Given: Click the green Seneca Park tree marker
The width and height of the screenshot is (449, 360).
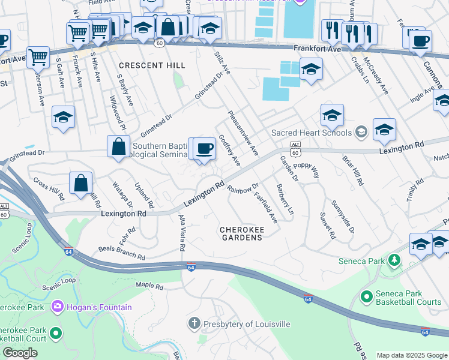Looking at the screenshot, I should point(394,260).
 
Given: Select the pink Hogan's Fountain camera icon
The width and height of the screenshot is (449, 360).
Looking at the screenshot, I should point(58,307).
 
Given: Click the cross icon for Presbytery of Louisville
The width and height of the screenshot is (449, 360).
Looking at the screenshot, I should point(194,324).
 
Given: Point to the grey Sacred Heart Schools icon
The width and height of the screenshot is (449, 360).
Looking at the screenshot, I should point(361,132).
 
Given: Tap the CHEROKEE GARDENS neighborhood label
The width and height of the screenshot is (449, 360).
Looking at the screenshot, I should point(241,233).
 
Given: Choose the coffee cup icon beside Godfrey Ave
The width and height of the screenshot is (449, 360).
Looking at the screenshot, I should point(205,148).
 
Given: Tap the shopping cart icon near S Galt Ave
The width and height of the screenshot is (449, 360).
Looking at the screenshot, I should point(38,58).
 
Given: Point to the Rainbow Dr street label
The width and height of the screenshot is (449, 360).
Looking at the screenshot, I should point(243,188).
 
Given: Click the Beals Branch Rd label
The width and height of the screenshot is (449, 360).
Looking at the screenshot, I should point(122,252).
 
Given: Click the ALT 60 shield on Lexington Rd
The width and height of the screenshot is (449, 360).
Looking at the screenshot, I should point(295,148).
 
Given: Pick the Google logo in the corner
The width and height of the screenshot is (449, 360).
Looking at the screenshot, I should point(20,353).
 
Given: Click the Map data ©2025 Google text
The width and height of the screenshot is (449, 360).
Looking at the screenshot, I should point(411,355).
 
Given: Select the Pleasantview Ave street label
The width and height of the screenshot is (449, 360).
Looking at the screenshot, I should point(243,133).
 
